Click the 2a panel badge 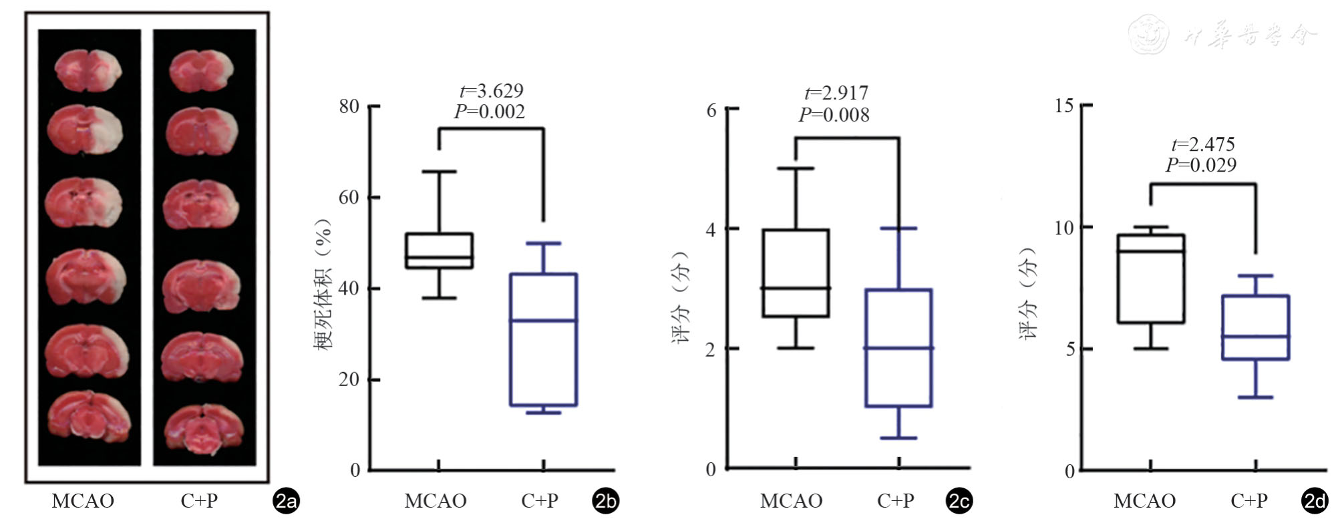point(286,502)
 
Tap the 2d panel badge point(1315,502)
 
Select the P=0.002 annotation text point(490,112)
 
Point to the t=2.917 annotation point(836,93)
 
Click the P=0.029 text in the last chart point(1201,165)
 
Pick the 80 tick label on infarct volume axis point(349,106)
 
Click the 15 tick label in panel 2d point(1064,106)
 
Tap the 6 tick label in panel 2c point(711,110)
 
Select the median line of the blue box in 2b point(543,321)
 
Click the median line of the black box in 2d point(1150,251)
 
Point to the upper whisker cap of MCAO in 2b point(439,172)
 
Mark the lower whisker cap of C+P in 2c point(899,438)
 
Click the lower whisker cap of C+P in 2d point(1255,397)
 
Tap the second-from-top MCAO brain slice point(86,129)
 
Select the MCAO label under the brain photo point(83,501)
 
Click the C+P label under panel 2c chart point(896,501)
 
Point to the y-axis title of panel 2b point(323,285)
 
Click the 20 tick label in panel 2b point(349,379)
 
